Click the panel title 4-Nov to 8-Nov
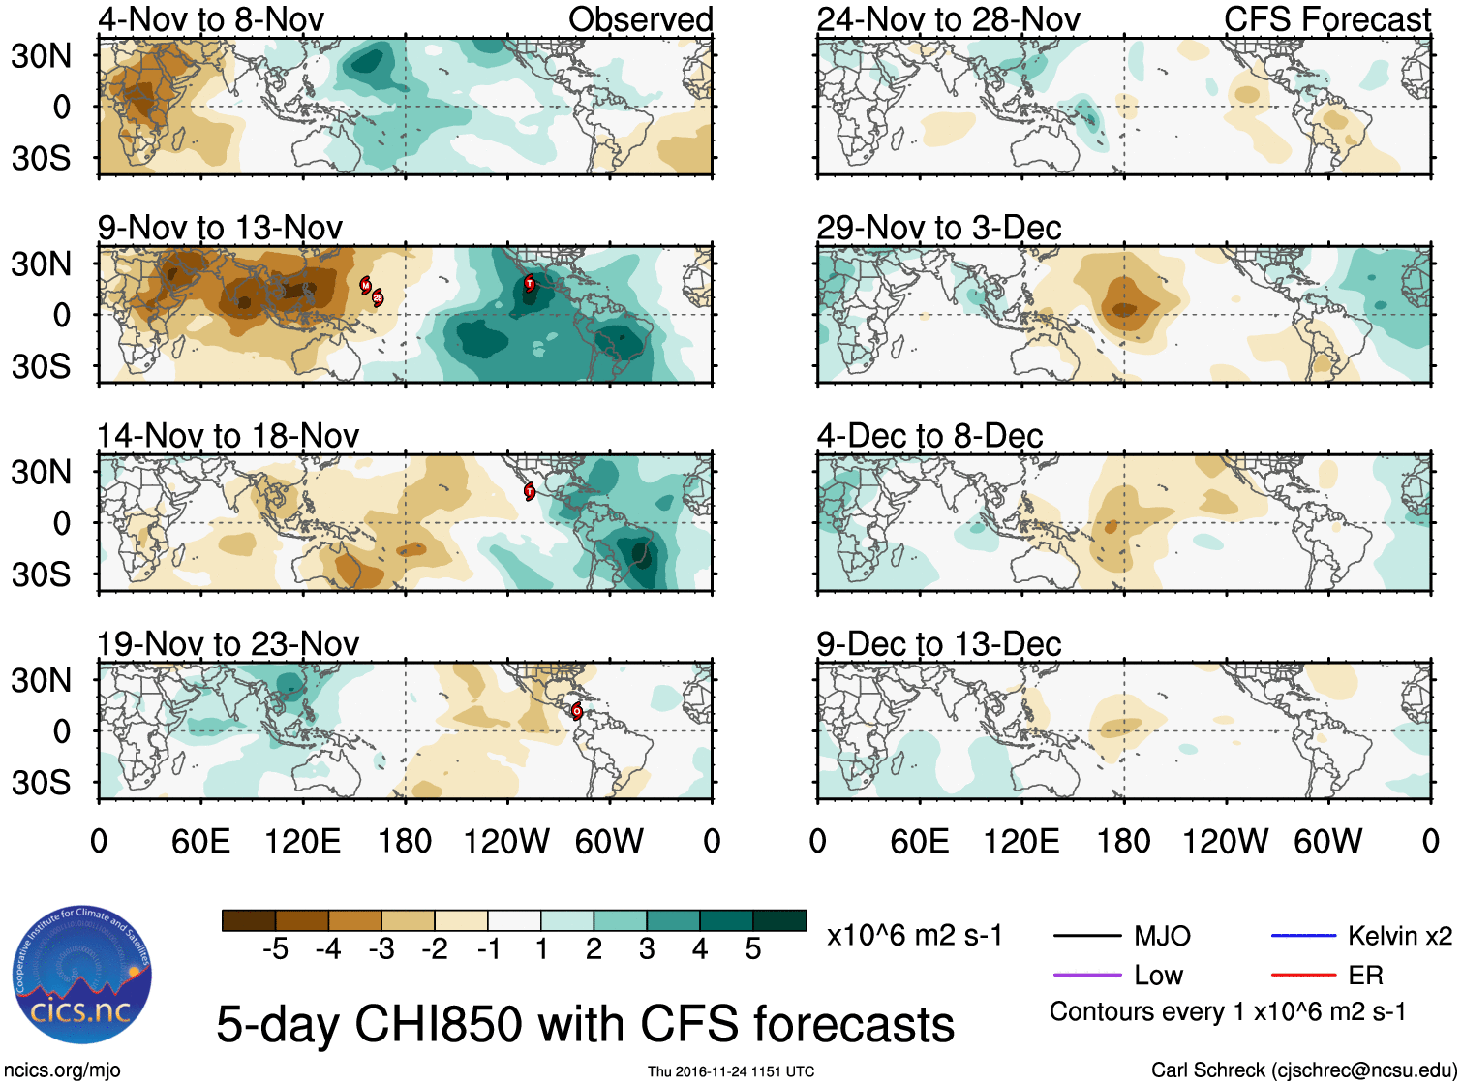210,19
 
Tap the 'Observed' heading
640,19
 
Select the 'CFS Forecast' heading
1326,19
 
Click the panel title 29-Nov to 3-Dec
938,228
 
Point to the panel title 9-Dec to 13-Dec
938,644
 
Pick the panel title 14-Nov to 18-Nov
228,436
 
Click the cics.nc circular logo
82,975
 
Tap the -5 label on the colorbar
275,949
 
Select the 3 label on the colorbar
647,949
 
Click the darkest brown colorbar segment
248,920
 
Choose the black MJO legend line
1086,936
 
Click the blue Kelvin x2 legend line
1303,936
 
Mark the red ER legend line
1303,975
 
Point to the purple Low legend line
1086,975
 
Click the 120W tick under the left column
506,841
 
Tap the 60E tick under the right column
919,841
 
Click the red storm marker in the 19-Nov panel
577,711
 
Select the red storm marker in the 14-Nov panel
530,491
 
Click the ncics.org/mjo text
62,1070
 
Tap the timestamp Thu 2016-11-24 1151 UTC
731,1071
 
